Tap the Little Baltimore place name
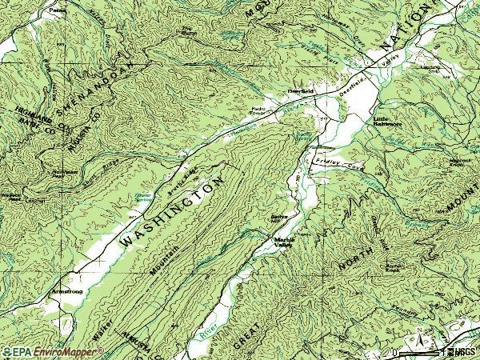pyautogui.click(x=388, y=122)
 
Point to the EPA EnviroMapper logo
pyautogui.click(x=43, y=352)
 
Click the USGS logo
pyautogui.click(x=462, y=352)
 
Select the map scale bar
pyautogui.click(x=416, y=353)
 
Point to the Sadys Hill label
pyautogui.click(x=278, y=218)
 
